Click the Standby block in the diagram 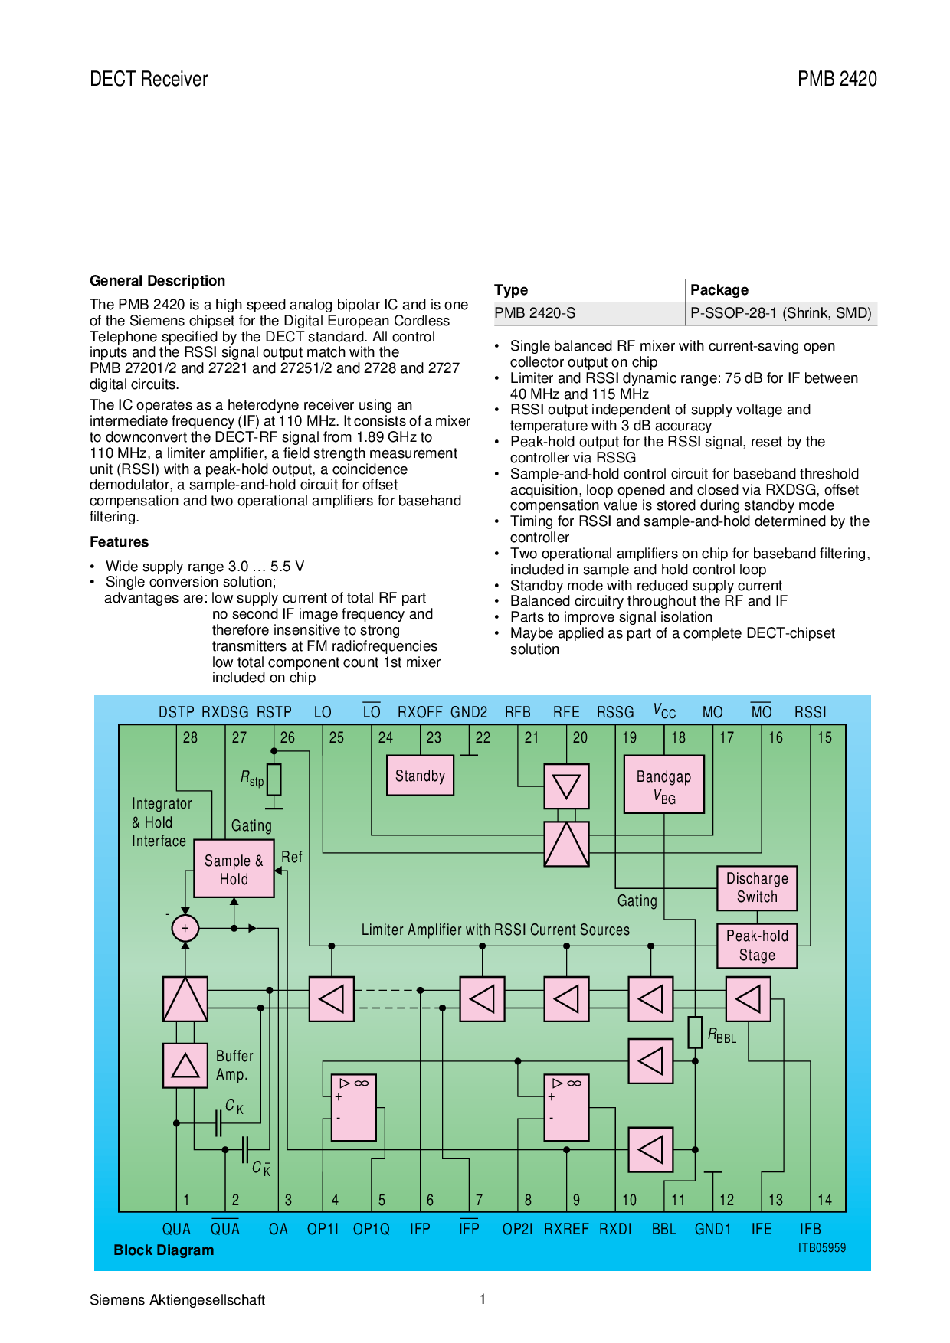[420, 776]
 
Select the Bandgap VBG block [663, 785]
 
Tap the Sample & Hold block [234, 869]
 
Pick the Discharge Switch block [757, 888]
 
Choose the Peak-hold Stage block [757, 946]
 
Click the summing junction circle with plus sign [185, 928]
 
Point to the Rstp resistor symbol [274, 779]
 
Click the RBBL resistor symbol [695, 1032]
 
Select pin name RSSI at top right [810, 712]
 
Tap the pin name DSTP [176, 712]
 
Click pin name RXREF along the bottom [566, 1229]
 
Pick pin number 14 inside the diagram [824, 1200]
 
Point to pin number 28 [190, 737]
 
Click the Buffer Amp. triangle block [185, 1065]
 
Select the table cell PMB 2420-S [535, 313]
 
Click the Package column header [719, 290]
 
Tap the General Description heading [157, 281]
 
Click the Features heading [119, 542]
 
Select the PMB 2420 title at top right [837, 79]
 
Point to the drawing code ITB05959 [821, 1248]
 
